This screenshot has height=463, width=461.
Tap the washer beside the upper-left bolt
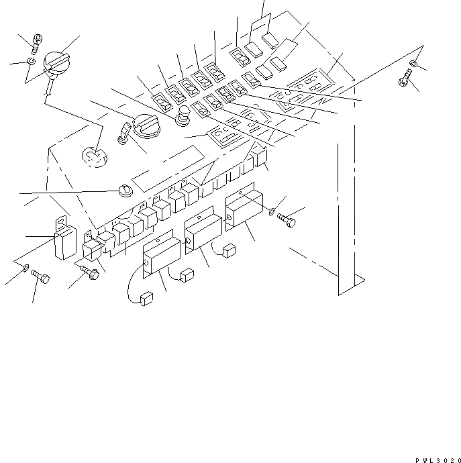(31, 62)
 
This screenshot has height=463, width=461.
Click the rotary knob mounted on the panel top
(143, 125)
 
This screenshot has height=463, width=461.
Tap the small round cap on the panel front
(123, 192)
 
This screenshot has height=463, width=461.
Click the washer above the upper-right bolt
(415, 64)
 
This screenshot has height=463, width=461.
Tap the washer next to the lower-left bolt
(25, 269)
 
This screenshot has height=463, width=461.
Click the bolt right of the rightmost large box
(286, 221)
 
